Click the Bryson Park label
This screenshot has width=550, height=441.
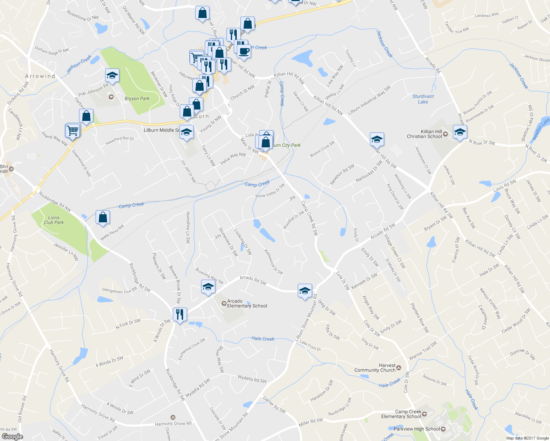click(137, 98)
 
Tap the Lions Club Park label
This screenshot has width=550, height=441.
click(54, 220)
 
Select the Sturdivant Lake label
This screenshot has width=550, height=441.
click(423, 99)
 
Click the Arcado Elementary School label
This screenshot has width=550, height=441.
click(247, 304)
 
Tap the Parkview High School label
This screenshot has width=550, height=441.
click(417, 429)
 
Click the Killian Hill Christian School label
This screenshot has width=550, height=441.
click(424, 134)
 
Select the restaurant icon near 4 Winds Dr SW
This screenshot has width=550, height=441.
click(180, 315)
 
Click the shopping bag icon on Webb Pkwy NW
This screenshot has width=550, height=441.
click(103, 217)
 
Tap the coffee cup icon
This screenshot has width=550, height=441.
click(243, 51)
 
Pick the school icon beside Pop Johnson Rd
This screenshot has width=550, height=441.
click(112, 76)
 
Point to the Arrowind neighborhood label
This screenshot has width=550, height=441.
click(40, 76)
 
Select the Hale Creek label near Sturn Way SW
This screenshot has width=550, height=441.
click(263, 339)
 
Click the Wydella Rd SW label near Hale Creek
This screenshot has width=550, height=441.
click(252, 379)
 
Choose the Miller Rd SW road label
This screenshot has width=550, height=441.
click(311, 422)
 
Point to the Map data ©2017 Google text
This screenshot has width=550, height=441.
click(527, 438)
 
